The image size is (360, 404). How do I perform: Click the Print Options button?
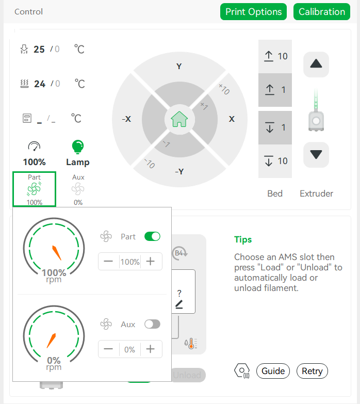tap(253, 11)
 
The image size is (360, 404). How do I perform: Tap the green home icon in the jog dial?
tap(179, 119)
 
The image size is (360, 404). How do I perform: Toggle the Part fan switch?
tap(153, 236)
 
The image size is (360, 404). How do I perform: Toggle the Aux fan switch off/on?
tap(153, 324)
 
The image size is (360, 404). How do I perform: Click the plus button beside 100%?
tap(151, 261)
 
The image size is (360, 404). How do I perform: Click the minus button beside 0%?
tap(108, 349)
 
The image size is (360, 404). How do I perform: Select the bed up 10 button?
tap(275, 56)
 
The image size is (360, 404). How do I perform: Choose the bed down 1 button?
tap(275, 127)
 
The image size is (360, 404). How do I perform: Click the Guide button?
tap(273, 371)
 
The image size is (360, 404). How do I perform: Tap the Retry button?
tap(312, 371)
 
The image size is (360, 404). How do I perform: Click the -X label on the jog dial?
tap(126, 119)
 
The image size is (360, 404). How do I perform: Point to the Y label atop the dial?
tap(179, 67)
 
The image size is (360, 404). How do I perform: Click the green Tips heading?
tap(243, 239)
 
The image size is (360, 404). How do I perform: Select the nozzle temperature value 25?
tap(39, 49)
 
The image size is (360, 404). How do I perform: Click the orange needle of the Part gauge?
tap(57, 253)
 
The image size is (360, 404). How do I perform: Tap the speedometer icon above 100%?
tap(34, 146)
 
